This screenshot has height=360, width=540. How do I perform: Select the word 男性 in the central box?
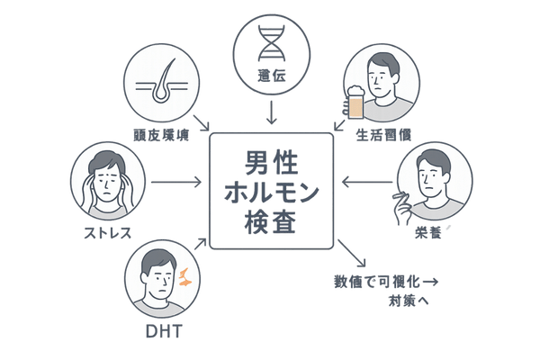coord(270,163)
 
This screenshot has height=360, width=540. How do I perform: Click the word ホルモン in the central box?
coord(270,193)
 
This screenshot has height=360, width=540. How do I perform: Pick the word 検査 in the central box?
coord(270,222)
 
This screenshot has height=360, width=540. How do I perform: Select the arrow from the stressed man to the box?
coord(175,183)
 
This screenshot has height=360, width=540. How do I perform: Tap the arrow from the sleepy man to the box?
coord(366,183)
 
